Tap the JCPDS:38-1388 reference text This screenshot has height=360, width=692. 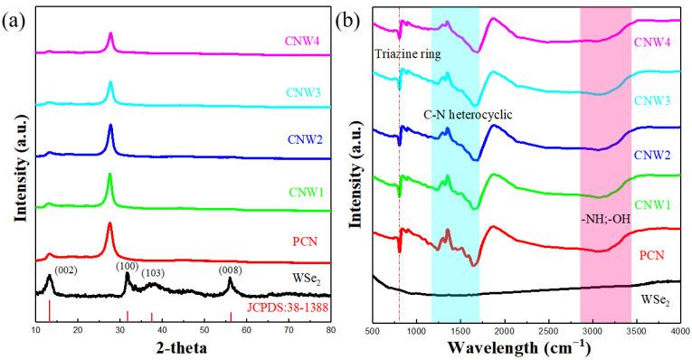[289, 311]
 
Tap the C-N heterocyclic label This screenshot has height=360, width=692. [468, 115]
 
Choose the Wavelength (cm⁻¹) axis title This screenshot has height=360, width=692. [527, 347]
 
